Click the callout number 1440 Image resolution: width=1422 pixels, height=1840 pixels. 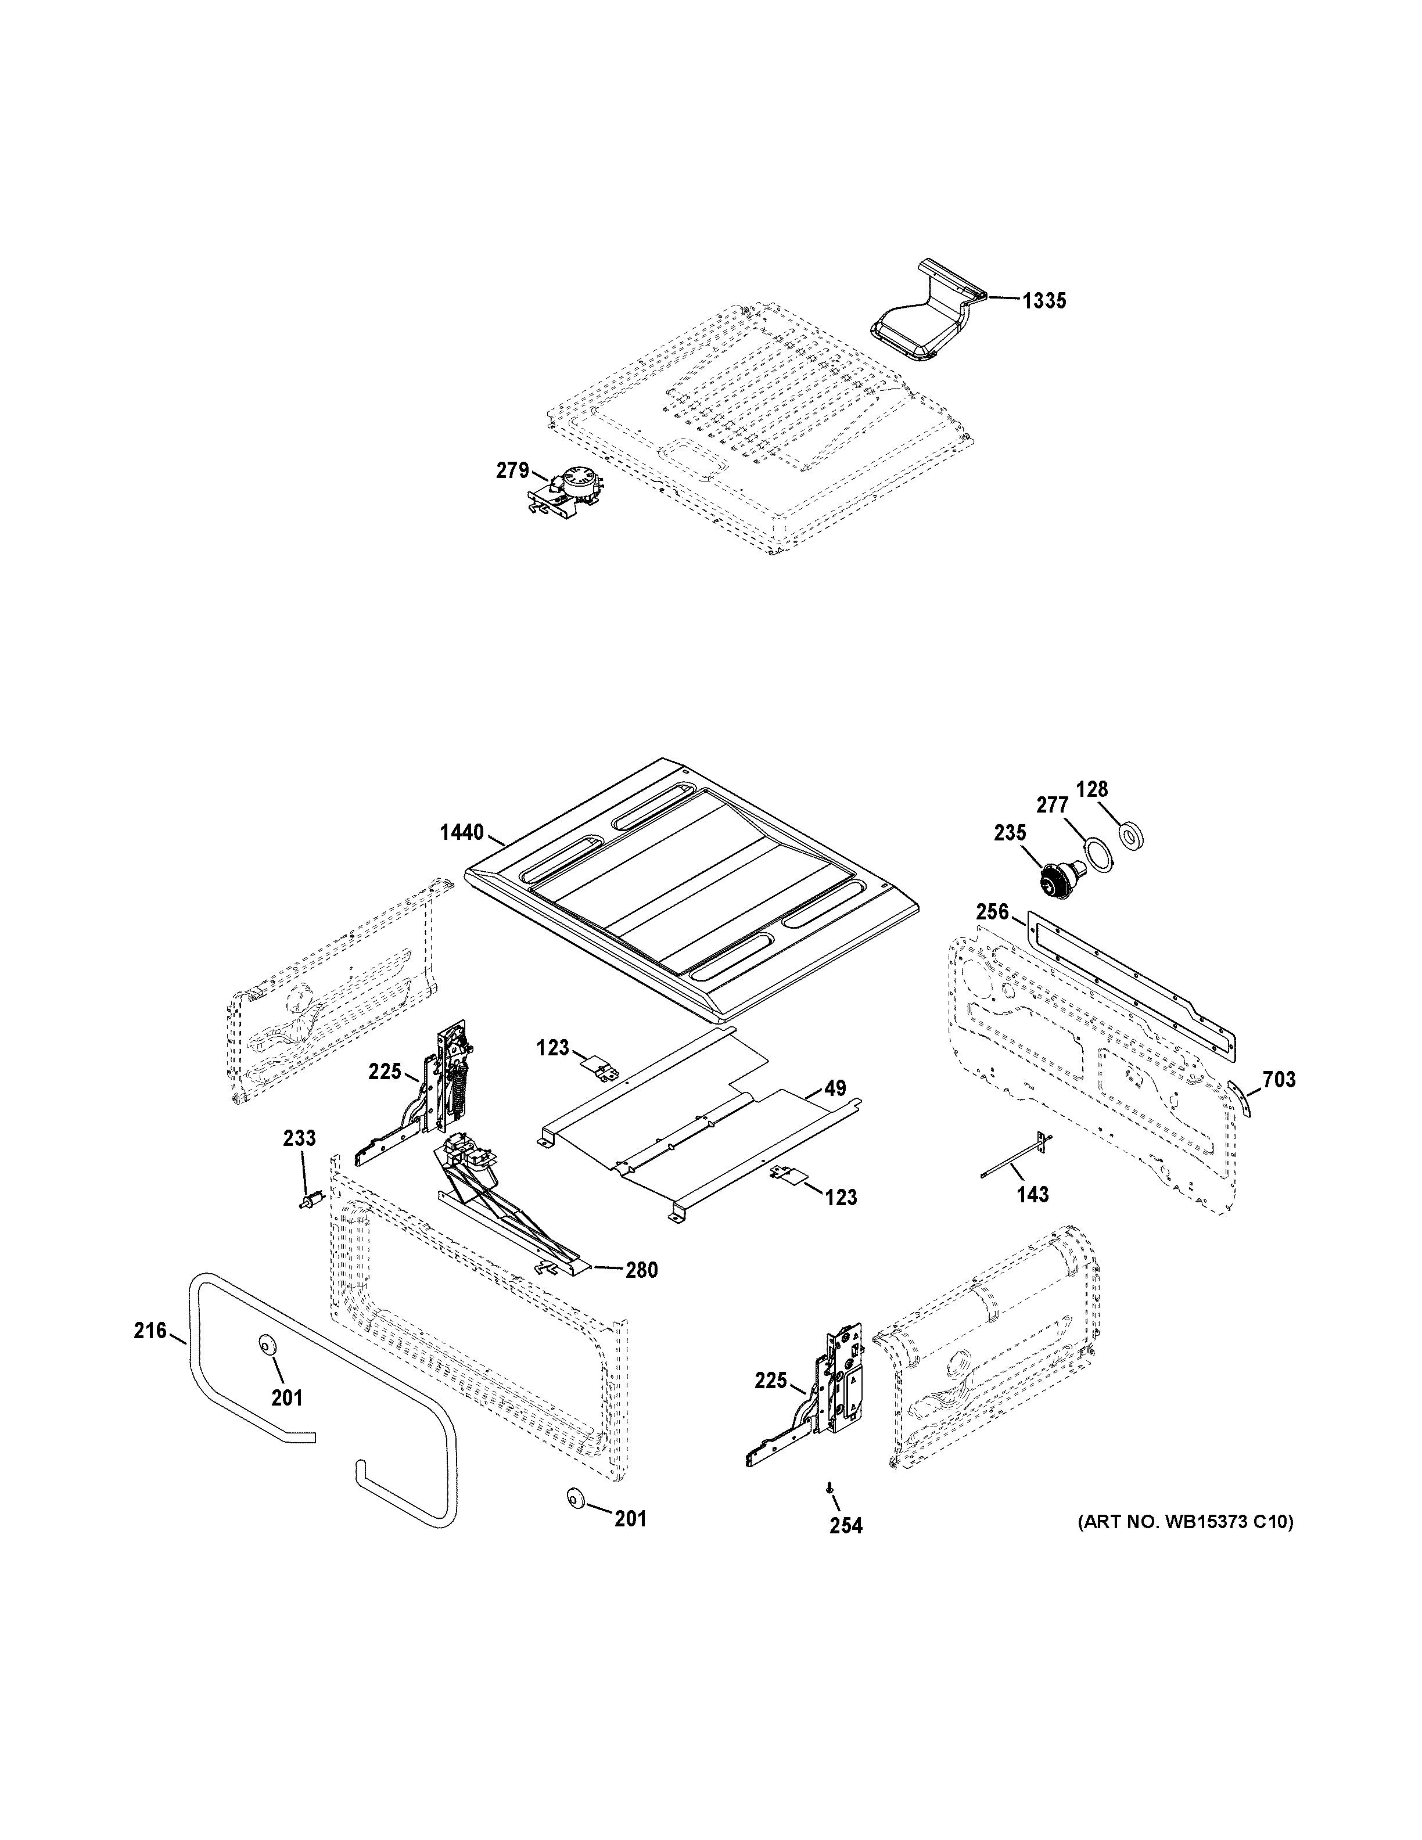(462, 833)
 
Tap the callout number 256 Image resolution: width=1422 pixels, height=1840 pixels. (992, 911)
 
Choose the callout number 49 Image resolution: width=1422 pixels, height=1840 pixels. (835, 1088)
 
